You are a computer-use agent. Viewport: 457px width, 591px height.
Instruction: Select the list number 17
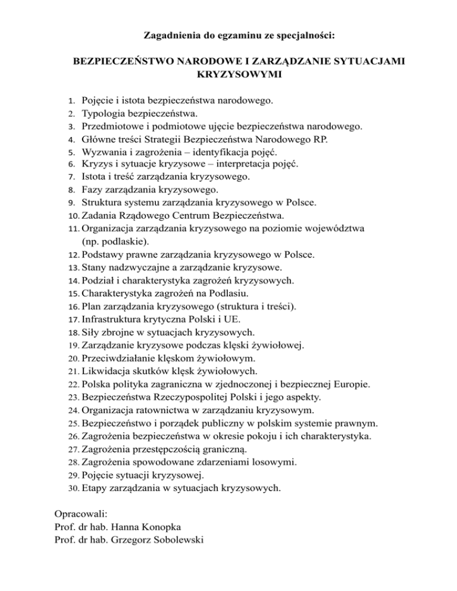74,319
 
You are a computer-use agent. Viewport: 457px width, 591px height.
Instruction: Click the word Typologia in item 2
102,113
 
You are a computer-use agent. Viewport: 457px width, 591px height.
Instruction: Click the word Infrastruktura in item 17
111,319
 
